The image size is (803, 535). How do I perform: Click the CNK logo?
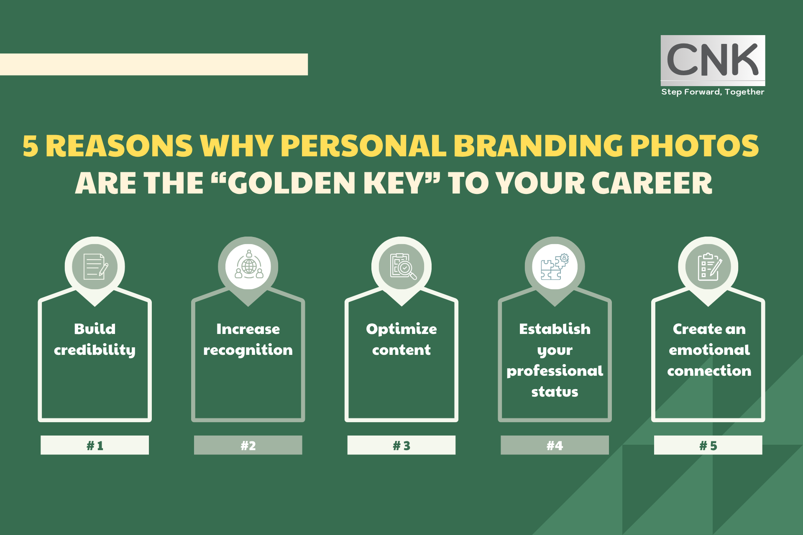click(713, 60)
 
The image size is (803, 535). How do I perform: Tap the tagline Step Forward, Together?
click(713, 92)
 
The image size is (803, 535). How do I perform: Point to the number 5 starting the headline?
click(30, 146)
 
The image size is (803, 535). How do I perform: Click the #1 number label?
click(95, 446)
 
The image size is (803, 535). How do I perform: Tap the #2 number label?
click(248, 446)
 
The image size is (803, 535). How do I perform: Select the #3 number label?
click(401, 446)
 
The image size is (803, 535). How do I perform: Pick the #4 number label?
click(555, 446)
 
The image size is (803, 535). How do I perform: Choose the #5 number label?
click(708, 446)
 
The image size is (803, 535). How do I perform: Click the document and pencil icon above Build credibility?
click(95, 267)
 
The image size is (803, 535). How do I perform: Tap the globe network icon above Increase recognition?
click(248, 265)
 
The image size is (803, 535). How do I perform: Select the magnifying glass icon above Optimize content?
click(402, 266)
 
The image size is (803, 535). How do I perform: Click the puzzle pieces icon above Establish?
click(555, 267)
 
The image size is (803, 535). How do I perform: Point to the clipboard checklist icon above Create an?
click(709, 267)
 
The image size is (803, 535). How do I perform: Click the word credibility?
click(95, 350)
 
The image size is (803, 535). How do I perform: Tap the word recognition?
click(248, 350)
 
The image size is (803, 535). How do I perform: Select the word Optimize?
click(401, 329)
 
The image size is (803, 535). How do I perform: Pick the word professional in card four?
click(555, 371)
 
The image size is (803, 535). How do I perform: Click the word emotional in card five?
click(709, 350)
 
